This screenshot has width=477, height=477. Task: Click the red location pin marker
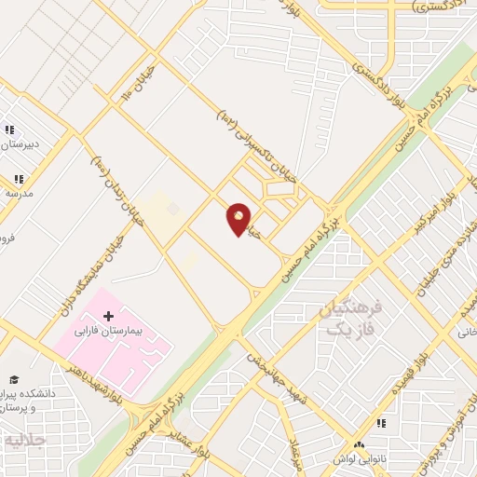(238, 219)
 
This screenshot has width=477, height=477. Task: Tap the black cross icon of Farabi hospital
(109, 318)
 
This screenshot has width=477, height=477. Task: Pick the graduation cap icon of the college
(14, 379)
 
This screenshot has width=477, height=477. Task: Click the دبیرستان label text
(20, 144)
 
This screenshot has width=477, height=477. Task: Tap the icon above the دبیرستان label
(9, 130)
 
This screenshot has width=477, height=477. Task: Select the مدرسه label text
(19, 193)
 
